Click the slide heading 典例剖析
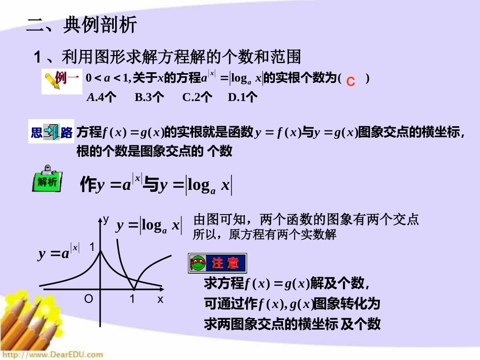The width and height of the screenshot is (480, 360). click(100, 25)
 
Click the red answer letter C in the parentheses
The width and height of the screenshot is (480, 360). click(351, 81)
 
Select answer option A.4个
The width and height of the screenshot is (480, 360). click(102, 97)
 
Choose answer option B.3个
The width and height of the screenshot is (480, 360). click(150, 97)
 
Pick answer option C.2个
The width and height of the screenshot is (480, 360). click(197, 97)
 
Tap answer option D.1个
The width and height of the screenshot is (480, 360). click(243, 97)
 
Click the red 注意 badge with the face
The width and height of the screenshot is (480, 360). click(217, 263)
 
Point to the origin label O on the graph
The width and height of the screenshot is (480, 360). click(88, 299)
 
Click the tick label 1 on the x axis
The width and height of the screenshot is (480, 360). click(132, 299)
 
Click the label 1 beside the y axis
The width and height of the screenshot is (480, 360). click(92, 247)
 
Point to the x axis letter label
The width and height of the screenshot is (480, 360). click(160, 299)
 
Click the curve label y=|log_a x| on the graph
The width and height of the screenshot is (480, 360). click(149, 226)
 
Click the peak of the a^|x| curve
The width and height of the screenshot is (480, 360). click(100, 251)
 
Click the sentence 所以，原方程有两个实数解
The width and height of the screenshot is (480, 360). click(265, 235)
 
